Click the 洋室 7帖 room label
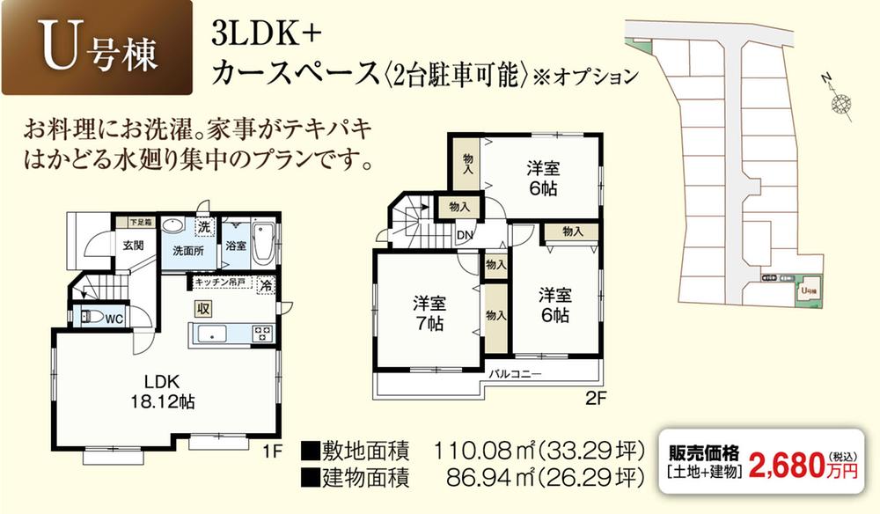[x=430, y=313]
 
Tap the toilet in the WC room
[x=88, y=317]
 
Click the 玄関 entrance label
[x=134, y=245]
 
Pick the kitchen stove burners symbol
[x=262, y=333]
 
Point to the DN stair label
[x=464, y=234]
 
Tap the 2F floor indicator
[x=597, y=397]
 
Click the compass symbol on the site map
[x=842, y=103]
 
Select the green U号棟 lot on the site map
[x=808, y=291]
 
